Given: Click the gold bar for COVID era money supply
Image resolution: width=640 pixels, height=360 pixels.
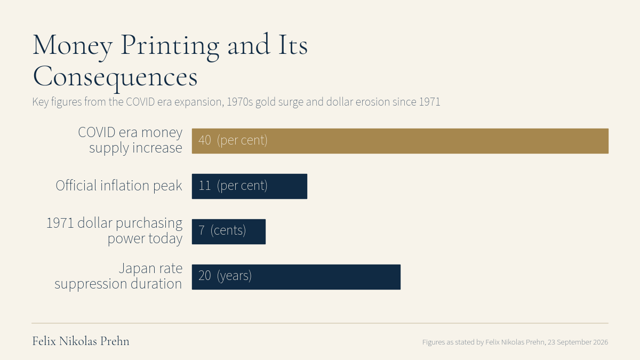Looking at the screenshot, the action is [x=400, y=141].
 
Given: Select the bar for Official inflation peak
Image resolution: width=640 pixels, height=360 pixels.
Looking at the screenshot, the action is [x=250, y=186].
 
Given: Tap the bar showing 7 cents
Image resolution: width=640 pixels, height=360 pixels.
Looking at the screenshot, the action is [x=229, y=231].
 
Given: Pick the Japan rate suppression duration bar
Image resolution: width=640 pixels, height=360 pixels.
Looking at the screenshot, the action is [x=296, y=277].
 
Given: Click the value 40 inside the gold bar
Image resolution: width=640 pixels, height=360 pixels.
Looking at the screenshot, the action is [x=205, y=140].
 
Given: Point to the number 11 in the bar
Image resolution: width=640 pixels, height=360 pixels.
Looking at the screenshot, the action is [x=205, y=186].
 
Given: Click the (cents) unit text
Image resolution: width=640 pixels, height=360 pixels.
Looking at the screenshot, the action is [x=228, y=230].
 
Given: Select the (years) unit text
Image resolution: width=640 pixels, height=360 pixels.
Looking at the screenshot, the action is [x=234, y=276].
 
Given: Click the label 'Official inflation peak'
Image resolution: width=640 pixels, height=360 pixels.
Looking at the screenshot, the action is [x=119, y=186].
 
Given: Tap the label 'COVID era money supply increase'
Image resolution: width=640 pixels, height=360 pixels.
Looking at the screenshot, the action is [x=130, y=140].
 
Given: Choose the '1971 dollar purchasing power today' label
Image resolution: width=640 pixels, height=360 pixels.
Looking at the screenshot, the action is [x=114, y=231].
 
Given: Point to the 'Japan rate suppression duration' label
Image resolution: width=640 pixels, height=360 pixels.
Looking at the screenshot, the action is [x=118, y=276].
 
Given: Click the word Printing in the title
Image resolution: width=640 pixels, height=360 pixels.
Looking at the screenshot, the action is [x=170, y=46].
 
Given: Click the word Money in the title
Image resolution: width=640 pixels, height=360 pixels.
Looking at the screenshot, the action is [x=73, y=46].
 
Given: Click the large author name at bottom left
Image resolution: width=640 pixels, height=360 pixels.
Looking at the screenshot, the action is [x=81, y=341].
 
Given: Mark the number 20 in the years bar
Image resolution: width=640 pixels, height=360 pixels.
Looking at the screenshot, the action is [x=205, y=276].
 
